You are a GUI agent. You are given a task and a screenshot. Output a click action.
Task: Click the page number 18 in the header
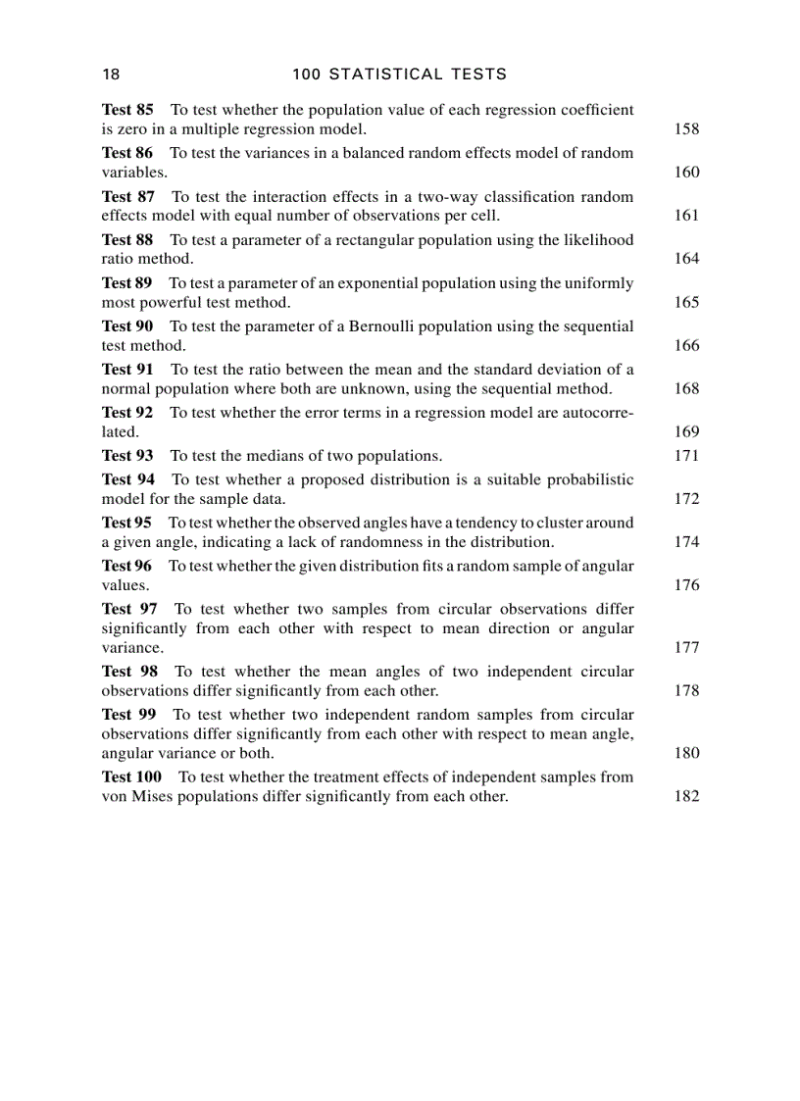coord(111,75)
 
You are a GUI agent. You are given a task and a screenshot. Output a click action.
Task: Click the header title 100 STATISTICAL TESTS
coord(400,75)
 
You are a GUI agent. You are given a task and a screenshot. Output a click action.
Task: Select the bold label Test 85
coord(127,110)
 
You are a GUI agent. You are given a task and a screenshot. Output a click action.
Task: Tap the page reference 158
coord(686,129)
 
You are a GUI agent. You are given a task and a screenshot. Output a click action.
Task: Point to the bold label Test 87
coord(128,196)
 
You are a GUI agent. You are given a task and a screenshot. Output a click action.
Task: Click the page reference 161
coord(686,216)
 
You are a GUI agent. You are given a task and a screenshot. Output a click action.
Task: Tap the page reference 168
coord(686,389)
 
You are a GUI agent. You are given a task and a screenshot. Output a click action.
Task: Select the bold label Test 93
coord(127,456)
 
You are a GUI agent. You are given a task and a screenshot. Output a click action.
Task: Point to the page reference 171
coord(686,456)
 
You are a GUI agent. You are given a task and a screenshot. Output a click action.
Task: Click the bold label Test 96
coord(126,566)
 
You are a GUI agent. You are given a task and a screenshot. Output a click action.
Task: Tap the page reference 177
coord(686,648)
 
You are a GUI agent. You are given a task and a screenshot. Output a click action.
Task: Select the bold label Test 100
coord(131,776)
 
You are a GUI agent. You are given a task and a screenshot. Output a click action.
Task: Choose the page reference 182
coord(686,796)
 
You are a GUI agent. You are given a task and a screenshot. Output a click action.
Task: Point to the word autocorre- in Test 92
coord(598,413)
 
